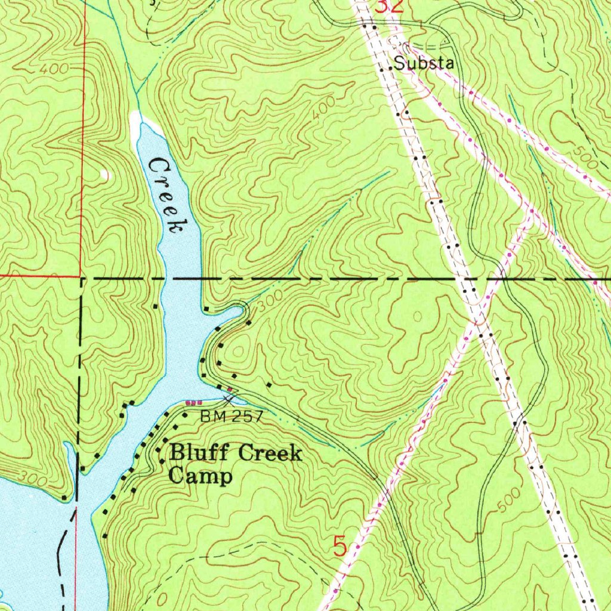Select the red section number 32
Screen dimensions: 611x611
coord(389,7)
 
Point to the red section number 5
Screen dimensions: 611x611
coord(340,546)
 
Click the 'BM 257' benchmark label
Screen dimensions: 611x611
coord(231,416)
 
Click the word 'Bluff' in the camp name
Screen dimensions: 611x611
coord(200,453)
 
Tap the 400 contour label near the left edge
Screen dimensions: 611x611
coord(54,69)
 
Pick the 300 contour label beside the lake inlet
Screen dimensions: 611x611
coord(269,302)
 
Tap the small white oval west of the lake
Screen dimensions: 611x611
coord(105,174)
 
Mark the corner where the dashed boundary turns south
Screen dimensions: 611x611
coord(81,278)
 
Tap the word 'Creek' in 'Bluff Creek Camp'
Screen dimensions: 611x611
coord(270,453)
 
